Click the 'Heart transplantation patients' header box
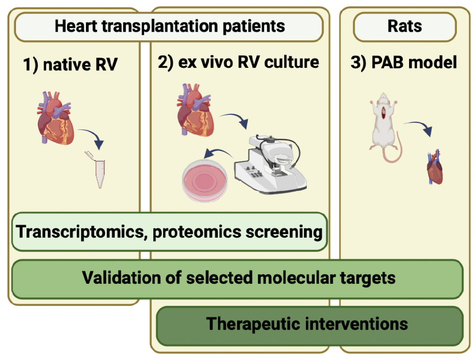tap(169, 26)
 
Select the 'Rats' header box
tap(404, 26)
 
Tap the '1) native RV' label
tap(70, 65)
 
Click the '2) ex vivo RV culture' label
tap(238, 62)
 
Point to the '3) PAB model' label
tap(403, 62)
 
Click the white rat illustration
tap(385, 121)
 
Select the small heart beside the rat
tap(435, 167)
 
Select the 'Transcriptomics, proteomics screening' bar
tap(169, 231)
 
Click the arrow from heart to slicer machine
tap(235, 119)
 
